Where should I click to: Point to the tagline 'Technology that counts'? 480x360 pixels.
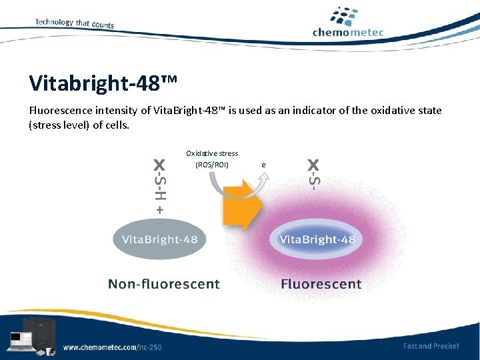click(74, 23)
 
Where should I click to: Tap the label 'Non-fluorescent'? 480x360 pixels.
click(164, 284)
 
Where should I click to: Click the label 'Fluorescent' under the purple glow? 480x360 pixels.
click(321, 284)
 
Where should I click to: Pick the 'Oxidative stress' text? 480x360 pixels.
click(212, 153)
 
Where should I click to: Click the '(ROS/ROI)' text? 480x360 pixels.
click(212, 165)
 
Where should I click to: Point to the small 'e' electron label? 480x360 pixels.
click(263, 164)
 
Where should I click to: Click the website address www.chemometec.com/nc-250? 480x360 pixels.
click(112, 347)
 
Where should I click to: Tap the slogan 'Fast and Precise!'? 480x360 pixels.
click(431, 346)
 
